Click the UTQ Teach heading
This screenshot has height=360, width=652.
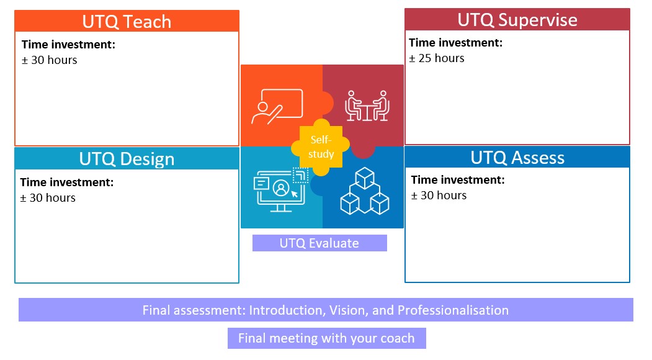tap(127, 22)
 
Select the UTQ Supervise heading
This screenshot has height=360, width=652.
tap(517, 20)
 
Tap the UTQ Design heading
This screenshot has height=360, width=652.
tap(127, 159)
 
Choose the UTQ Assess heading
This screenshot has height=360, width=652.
tap(517, 157)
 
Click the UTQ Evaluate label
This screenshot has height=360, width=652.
tap(319, 243)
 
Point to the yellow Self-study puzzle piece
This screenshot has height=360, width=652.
tap(321, 147)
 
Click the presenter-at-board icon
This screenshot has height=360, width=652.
tap(277, 107)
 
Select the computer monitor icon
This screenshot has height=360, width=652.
tap(280, 189)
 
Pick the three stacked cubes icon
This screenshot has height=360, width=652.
tap(365, 191)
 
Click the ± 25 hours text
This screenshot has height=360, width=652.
tap(437, 58)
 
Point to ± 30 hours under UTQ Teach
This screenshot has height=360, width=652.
tap(50, 60)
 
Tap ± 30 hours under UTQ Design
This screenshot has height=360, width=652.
tap(48, 197)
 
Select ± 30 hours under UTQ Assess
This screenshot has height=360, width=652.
tap(439, 195)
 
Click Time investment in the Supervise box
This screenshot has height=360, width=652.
tap(456, 42)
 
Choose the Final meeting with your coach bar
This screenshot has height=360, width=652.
tap(327, 338)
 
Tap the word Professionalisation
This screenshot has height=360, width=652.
tap(453, 310)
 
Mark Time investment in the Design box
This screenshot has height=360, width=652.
tap(67, 182)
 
